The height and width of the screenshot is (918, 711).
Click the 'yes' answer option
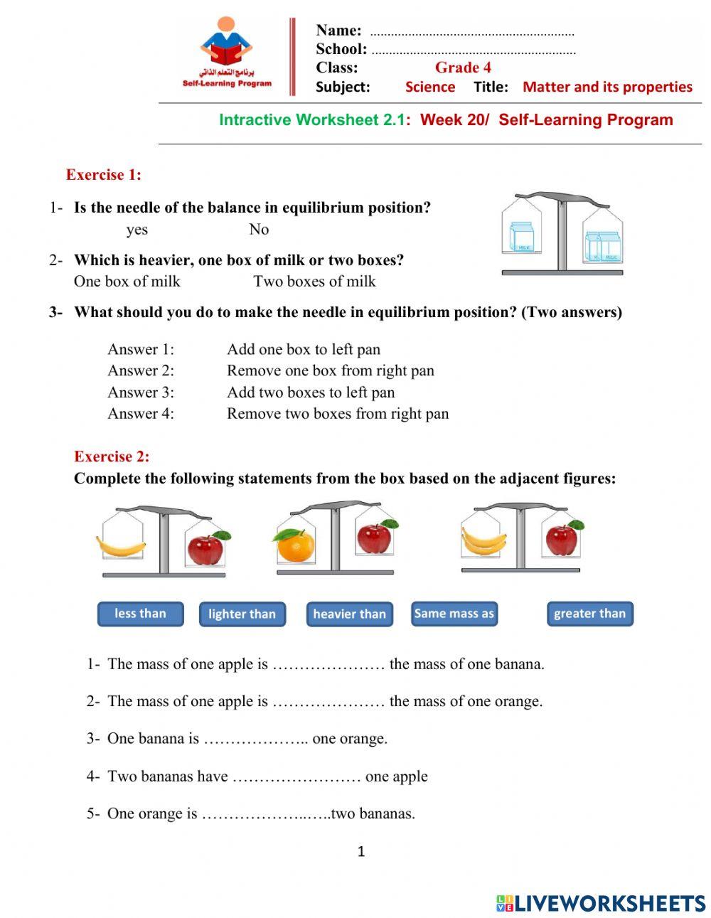(x=137, y=230)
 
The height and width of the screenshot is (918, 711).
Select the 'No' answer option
(x=259, y=229)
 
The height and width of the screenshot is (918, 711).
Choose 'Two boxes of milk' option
(x=314, y=282)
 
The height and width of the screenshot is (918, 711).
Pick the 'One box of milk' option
(x=127, y=282)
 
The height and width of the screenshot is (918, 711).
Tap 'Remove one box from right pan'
(x=330, y=370)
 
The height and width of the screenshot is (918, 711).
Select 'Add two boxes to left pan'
(x=310, y=393)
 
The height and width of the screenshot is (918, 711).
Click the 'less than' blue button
(x=140, y=614)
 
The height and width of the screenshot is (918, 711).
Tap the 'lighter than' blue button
(x=242, y=614)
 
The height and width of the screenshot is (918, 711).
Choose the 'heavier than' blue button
(x=349, y=614)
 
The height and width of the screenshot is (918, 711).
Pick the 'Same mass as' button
(x=454, y=614)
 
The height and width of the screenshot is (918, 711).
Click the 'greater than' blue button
(x=589, y=614)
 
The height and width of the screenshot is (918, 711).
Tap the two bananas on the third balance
(x=483, y=540)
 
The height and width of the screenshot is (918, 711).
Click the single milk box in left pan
(x=521, y=237)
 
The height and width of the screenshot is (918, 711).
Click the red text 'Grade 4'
(x=463, y=68)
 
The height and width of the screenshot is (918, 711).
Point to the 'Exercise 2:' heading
(x=112, y=457)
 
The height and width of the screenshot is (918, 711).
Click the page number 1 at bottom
(x=361, y=851)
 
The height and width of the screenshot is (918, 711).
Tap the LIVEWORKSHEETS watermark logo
(x=601, y=903)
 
